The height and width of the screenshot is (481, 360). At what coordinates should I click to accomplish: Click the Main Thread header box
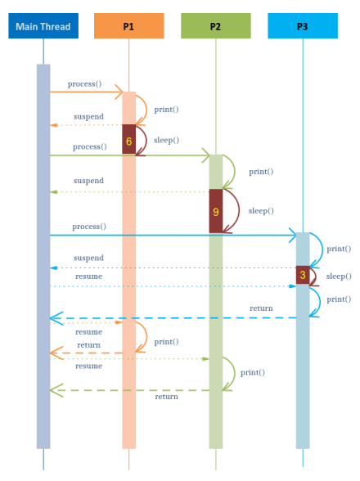click(44, 26)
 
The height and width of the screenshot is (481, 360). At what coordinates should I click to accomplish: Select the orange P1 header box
click(128, 26)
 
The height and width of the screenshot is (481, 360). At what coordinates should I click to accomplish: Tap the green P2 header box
click(215, 26)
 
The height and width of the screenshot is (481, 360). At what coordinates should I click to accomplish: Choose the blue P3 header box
click(302, 26)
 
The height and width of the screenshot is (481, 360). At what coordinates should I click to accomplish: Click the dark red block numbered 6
click(128, 140)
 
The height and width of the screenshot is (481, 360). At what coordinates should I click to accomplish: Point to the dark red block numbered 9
click(215, 211)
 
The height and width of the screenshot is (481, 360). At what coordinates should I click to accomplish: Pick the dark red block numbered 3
click(303, 275)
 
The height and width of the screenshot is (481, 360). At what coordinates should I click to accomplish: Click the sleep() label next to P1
click(166, 140)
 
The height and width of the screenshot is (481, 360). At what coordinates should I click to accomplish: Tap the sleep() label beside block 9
click(261, 210)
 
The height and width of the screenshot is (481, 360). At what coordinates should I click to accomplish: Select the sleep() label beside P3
click(339, 276)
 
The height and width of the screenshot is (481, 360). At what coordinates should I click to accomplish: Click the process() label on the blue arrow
click(89, 227)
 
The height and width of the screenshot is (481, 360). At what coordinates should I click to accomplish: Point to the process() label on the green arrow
click(89, 146)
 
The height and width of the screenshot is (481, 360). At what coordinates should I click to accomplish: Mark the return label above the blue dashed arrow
click(261, 308)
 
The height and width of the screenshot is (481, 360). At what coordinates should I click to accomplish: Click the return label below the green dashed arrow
click(167, 397)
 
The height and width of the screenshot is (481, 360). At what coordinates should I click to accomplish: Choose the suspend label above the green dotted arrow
click(88, 181)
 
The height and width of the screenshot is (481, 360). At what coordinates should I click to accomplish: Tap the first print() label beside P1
click(166, 109)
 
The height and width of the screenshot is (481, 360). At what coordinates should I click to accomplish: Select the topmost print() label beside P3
click(339, 249)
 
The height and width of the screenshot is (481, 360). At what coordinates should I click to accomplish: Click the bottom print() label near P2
click(252, 372)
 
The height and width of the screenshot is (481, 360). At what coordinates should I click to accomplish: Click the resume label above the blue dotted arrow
click(88, 276)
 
